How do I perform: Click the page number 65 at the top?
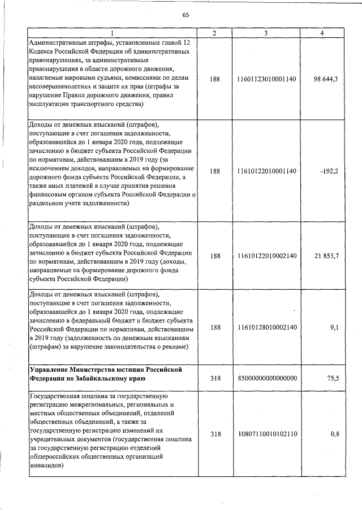[x=185, y=15]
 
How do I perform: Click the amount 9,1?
[x=333, y=326]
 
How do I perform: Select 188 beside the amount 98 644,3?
[x=215, y=79]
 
